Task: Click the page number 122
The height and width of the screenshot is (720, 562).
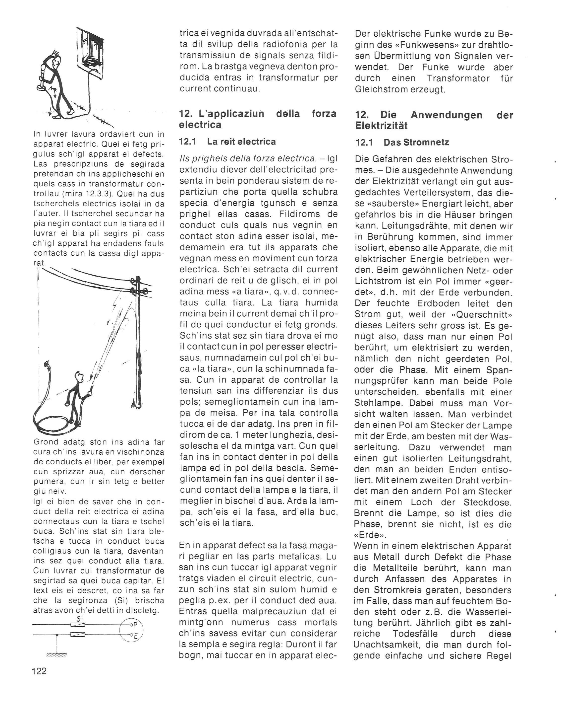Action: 40,671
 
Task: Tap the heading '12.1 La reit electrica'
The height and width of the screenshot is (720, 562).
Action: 227,142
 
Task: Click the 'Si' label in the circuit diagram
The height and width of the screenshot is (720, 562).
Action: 79,619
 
